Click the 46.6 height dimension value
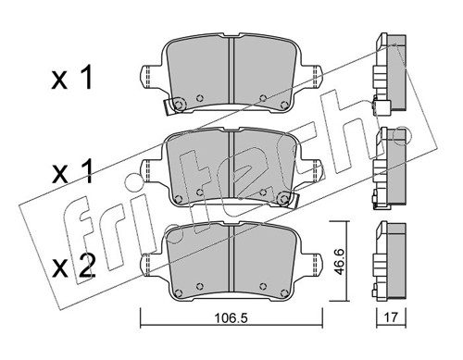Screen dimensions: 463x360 pyautogui.click(x=339, y=262)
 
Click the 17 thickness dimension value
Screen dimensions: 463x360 pyautogui.click(x=391, y=317)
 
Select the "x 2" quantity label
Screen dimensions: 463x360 pyautogui.click(x=72, y=267)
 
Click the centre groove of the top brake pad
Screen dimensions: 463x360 pyautogui.click(x=231, y=71)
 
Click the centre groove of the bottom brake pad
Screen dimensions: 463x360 pyautogui.click(x=231, y=258)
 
